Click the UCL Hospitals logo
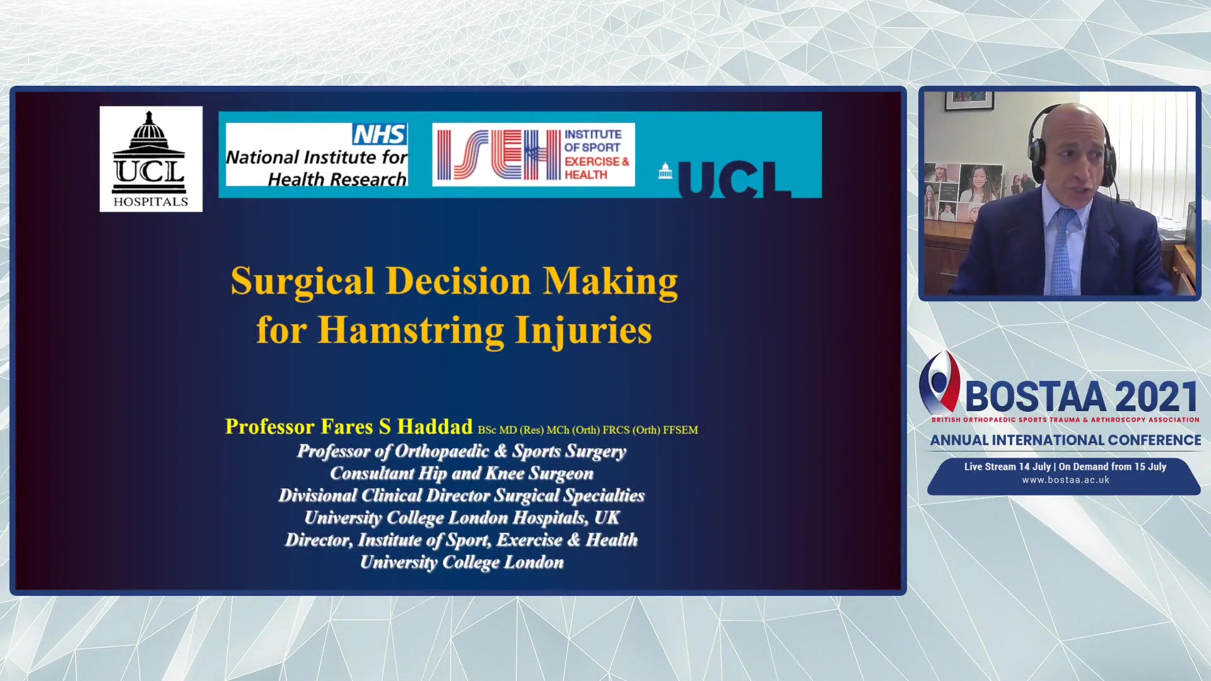[151, 159]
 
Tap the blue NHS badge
[380, 134]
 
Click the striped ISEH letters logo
[499, 155]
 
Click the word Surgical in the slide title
[303, 281]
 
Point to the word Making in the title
[611, 281]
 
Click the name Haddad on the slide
[435, 427]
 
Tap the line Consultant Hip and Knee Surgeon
[462, 474]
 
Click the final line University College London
[462, 562]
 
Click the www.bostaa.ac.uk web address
[1065, 480]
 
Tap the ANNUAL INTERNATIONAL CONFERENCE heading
[1065, 440]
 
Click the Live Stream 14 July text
[1007, 467]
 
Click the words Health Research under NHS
[337, 180]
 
